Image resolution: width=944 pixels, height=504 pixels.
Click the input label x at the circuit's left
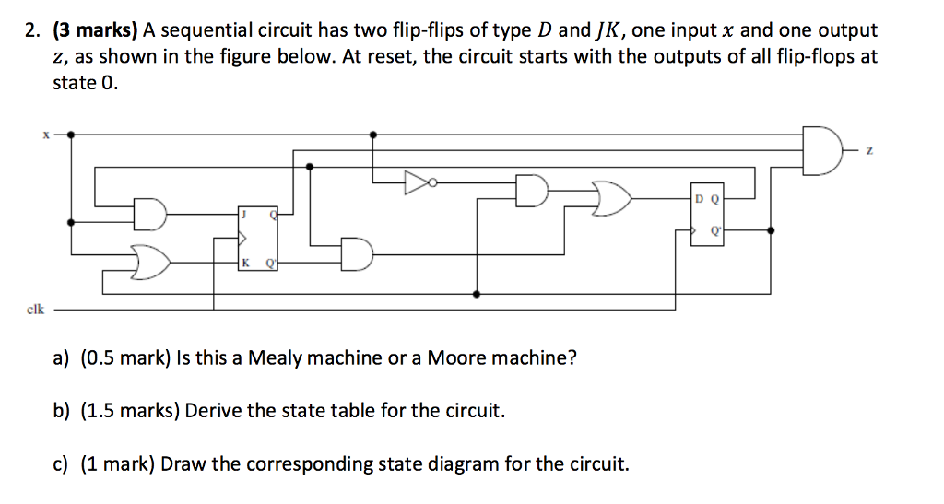click(x=43, y=135)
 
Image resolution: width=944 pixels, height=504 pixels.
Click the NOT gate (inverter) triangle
click(x=415, y=182)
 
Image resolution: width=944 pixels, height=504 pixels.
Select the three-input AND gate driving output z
click(x=820, y=150)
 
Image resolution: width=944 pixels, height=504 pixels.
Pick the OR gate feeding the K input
click(x=152, y=263)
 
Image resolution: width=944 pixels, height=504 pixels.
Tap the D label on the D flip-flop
click(x=699, y=199)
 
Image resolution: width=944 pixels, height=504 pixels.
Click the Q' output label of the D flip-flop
click(x=714, y=231)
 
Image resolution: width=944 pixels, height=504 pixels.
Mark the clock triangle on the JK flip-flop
click(x=242, y=239)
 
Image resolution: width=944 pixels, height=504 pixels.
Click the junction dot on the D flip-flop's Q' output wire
click(x=771, y=230)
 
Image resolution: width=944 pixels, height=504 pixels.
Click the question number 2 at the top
click(x=32, y=31)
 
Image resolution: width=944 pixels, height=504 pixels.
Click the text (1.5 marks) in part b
click(x=131, y=410)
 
